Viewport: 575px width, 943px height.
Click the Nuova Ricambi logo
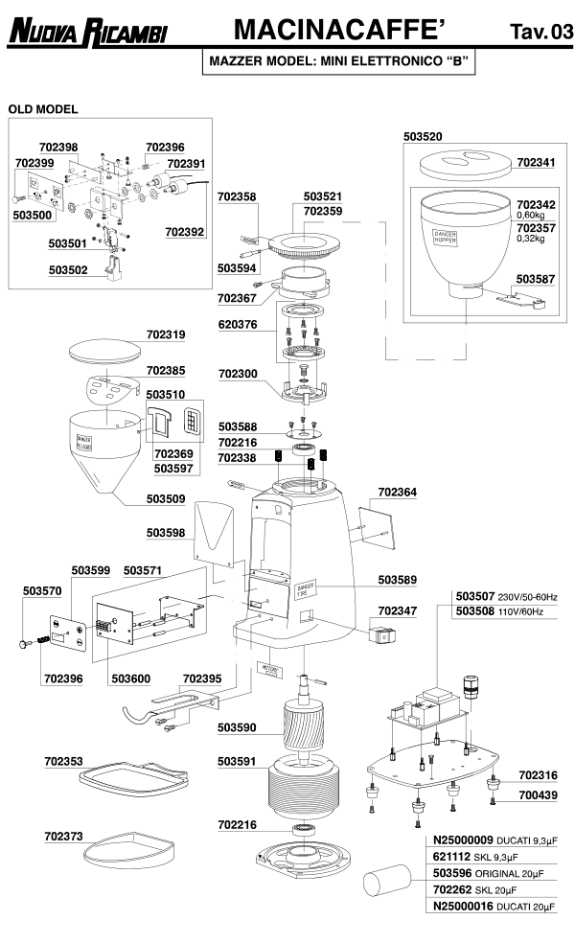pos(87,34)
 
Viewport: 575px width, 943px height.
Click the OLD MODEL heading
pos(43,109)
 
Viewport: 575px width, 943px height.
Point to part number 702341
pos(536,163)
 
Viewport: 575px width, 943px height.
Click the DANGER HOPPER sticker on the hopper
pos(446,236)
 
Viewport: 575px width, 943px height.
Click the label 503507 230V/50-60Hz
pos(512,596)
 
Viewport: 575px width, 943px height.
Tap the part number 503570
pos(42,590)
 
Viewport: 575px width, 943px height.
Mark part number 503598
pos(166,531)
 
